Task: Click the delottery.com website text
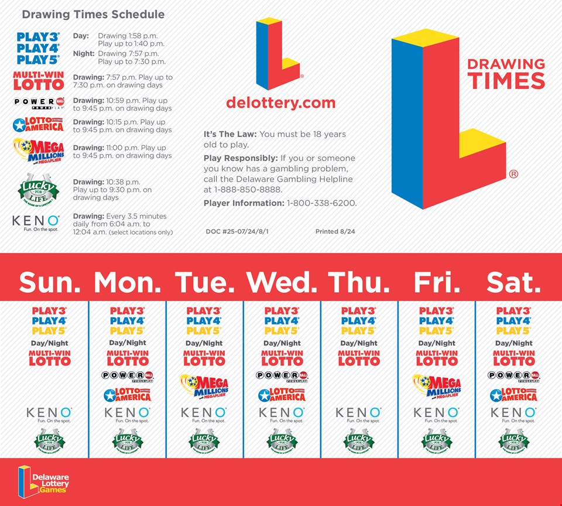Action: coord(280,103)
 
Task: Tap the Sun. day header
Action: coord(50,282)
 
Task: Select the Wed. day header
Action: coord(282,282)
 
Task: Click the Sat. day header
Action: coord(513,282)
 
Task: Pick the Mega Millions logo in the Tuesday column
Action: coord(204,387)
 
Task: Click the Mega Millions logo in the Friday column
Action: coord(437,387)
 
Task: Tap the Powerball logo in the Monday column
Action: coord(127,375)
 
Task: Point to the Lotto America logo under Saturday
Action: coord(513,395)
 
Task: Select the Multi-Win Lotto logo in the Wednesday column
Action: coord(282,357)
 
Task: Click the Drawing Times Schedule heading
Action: coord(93,15)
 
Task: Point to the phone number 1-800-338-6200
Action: coord(321,203)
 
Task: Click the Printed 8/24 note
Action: coord(335,232)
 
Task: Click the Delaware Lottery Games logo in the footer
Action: coord(43,481)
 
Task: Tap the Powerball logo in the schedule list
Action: coord(39,103)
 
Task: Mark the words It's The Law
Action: coord(230,135)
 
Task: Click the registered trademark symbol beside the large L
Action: coord(513,174)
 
